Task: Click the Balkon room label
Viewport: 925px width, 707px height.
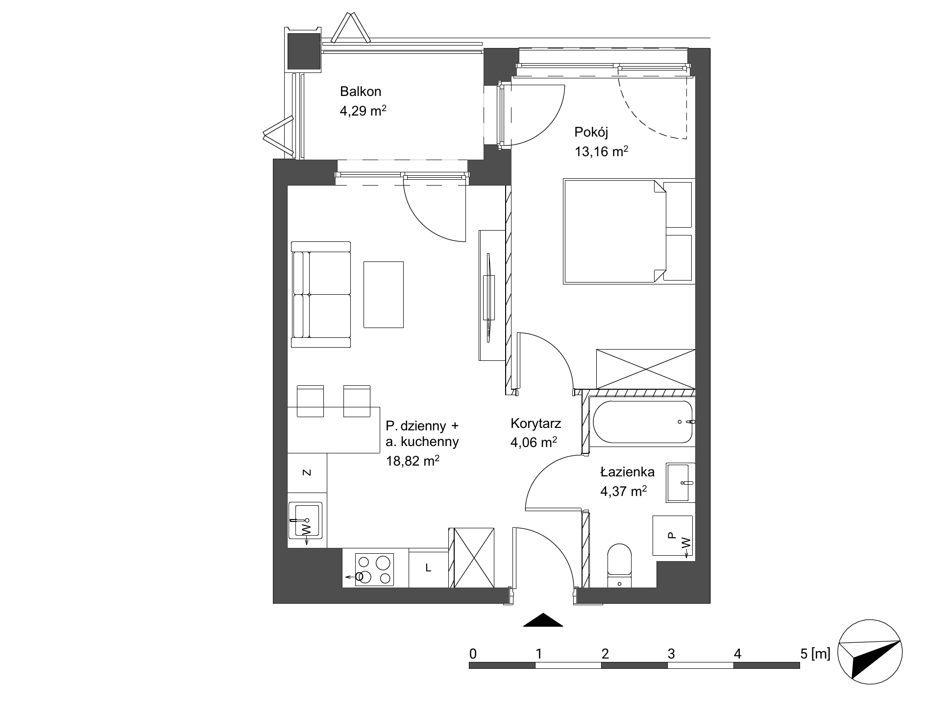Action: (x=361, y=91)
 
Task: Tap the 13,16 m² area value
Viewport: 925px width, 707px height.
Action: (x=602, y=151)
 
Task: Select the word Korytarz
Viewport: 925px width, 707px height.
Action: (x=536, y=423)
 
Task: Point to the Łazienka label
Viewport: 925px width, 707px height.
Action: (x=628, y=472)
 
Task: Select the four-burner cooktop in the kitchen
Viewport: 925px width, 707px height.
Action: (x=375, y=569)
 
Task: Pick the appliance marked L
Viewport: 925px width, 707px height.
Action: (x=428, y=568)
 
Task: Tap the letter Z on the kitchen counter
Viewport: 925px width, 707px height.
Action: (x=307, y=472)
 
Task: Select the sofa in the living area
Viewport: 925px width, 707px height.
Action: (x=321, y=294)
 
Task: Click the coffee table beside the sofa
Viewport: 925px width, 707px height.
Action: (x=384, y=294)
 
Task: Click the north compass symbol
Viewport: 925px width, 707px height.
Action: (x=870, y=653)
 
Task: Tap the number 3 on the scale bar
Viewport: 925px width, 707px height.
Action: (x=671, y=653)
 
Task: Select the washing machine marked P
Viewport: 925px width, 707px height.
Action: (x=672, y=536)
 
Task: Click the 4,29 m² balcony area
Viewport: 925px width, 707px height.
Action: (x=363, y=111)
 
